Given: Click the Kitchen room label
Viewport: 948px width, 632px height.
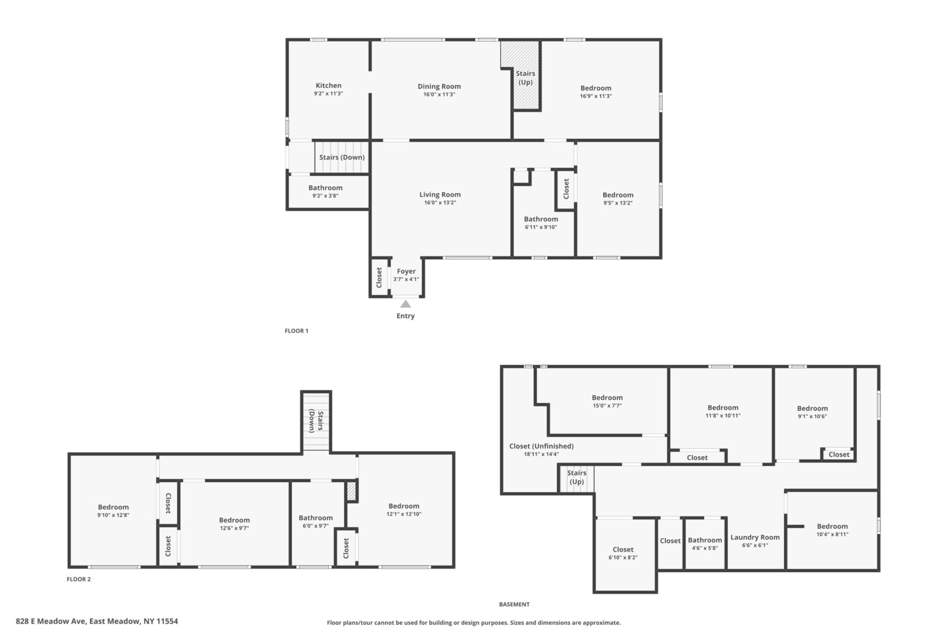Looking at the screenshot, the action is tap(328, 85).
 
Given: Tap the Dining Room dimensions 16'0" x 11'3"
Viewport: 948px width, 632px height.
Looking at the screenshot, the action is tap(439, 94).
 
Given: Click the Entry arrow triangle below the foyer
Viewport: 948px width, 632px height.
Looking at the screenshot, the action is tap(405, 304).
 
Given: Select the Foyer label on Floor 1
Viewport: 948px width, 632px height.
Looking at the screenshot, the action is tap(406, 271).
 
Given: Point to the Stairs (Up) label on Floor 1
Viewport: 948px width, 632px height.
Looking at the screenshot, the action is tap(526, 78).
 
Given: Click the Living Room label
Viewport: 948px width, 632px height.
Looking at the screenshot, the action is tap(440, 195).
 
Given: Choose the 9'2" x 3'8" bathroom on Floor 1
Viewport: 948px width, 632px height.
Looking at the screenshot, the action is tap(325, 191).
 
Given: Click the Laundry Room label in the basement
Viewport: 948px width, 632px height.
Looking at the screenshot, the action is tap(755, 537).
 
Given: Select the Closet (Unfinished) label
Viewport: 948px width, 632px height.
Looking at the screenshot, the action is tap(542, 446).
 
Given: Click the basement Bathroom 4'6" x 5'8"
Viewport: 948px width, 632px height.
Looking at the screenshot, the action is tap(705, 544).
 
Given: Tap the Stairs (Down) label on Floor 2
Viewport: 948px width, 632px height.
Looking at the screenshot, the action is tap(316, 421).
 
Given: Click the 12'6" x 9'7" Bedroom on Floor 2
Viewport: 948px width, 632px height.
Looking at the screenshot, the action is tap(235, 524).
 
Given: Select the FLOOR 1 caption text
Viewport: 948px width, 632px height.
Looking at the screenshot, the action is tap(297, 331).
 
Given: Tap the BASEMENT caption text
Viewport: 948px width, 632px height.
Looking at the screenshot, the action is tap(514, 604).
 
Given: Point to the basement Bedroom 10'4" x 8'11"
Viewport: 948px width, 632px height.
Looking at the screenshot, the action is tap(832, 530).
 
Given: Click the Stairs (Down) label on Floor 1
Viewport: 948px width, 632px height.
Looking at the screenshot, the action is tap(342, 158).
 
